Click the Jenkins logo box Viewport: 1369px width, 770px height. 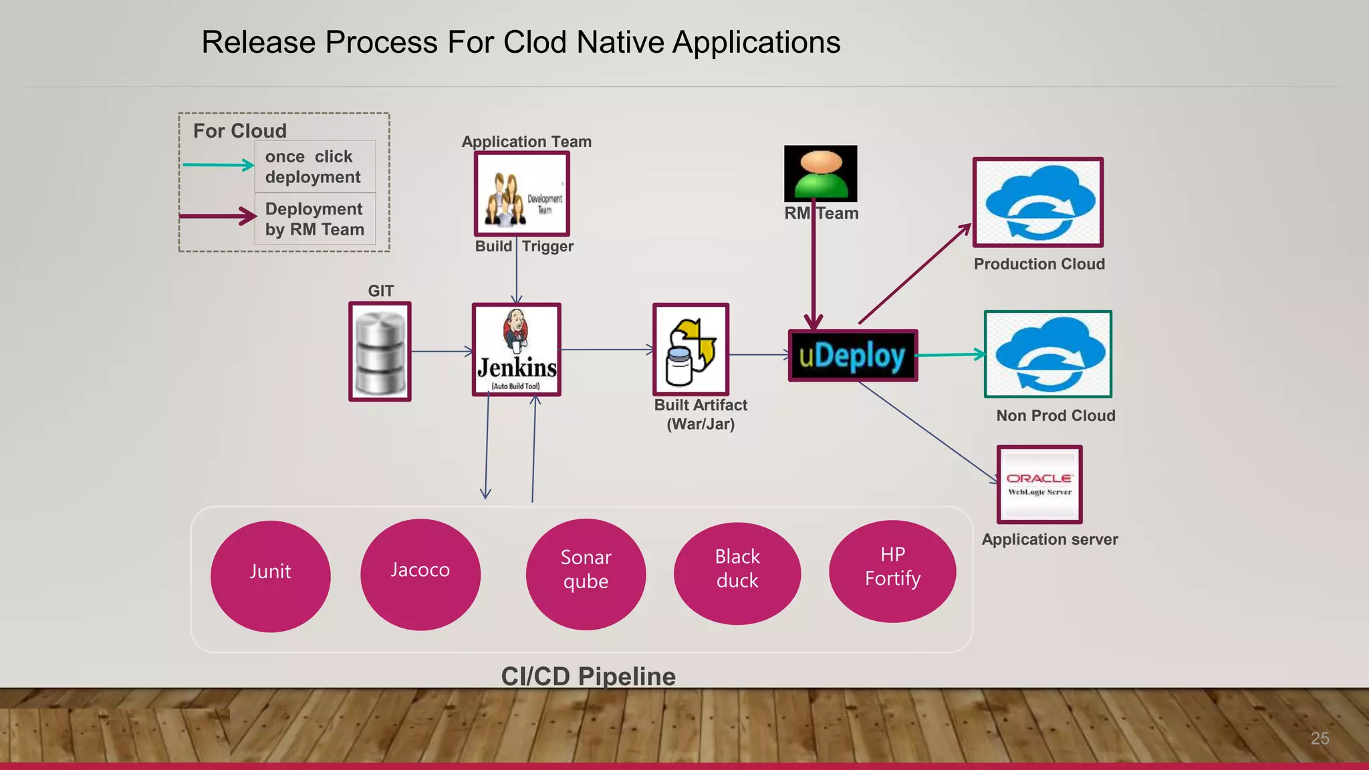click(516, 350)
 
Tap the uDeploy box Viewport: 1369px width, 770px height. click(852, 356)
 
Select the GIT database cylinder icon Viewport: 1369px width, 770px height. click(380, 352)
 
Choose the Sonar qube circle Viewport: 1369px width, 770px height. click(586, 574)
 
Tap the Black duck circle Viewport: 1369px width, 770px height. click(737, 573)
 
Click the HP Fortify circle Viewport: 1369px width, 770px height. click(892, 571)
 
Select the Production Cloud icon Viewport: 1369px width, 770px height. click(1037, 203)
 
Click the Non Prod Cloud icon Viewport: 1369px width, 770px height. click(1047, 354)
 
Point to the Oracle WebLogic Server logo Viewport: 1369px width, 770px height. click(1039, 485)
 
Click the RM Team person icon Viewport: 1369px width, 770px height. click(820, 173)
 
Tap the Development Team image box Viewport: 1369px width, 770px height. click(521, 194)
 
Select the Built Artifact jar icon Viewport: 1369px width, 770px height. click(691, 350)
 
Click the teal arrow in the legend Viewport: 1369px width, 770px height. click(218, 164)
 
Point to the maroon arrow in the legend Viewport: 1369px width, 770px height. click(218, 216)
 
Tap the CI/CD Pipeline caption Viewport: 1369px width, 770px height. click(588, 676)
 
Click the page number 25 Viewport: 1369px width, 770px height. click(1320, 738)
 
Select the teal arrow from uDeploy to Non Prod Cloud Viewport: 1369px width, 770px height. click(950, 355)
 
